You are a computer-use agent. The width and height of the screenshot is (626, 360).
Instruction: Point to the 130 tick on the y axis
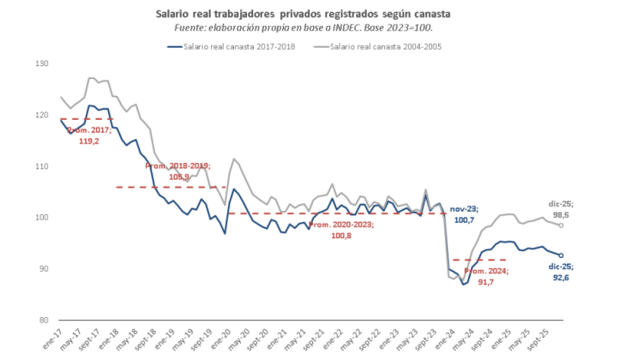41,63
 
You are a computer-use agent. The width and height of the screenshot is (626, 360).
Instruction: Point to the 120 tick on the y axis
41,115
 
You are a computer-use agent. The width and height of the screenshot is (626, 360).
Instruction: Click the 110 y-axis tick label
41,166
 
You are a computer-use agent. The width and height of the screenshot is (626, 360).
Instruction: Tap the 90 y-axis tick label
41,269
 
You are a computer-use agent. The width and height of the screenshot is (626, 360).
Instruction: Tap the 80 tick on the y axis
41,321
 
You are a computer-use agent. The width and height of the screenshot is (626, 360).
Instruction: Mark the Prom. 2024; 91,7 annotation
485,275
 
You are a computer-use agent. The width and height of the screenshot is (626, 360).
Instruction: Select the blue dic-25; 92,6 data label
563,273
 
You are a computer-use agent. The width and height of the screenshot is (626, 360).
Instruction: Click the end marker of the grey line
562,225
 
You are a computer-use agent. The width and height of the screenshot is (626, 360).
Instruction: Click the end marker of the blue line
562,255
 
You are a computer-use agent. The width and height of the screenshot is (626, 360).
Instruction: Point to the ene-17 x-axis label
55,338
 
